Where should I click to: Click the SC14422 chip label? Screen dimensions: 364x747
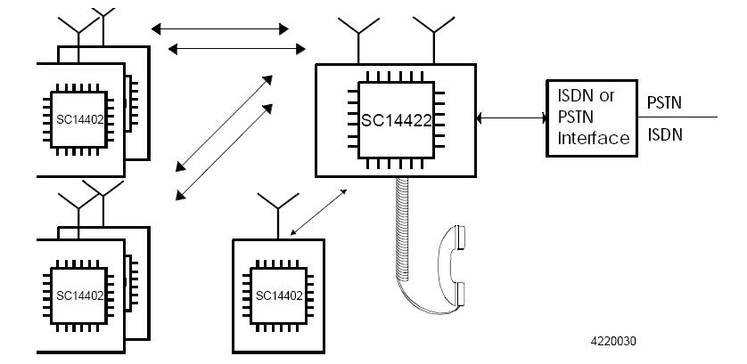coord(396,120)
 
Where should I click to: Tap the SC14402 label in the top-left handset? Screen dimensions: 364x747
coord(79,119)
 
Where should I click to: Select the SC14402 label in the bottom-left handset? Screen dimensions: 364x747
coord(79,295)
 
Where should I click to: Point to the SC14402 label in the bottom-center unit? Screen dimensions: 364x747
coord(278,295)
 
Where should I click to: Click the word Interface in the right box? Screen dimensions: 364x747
coord(593,138)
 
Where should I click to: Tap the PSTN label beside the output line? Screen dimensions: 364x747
coord(664,102)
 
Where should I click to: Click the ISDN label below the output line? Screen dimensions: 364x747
coord(664,134)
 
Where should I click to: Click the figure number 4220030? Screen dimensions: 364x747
coord(613,341)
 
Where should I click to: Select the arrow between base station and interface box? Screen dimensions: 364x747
coord(512,117)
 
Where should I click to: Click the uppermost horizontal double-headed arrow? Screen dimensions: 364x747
coord(220,29)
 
